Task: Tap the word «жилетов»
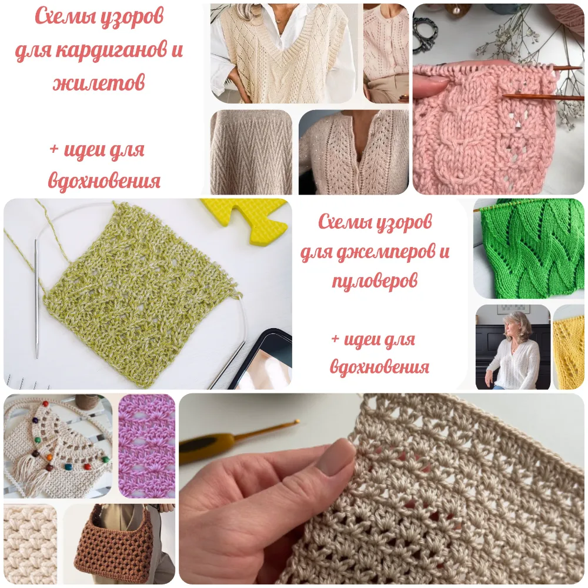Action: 99,82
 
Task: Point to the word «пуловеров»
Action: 375,281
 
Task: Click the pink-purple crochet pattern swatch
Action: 146,446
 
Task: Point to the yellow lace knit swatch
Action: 569,348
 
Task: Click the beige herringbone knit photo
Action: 251,152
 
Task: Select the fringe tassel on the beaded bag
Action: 31,476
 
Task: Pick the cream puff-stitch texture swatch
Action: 31,544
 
